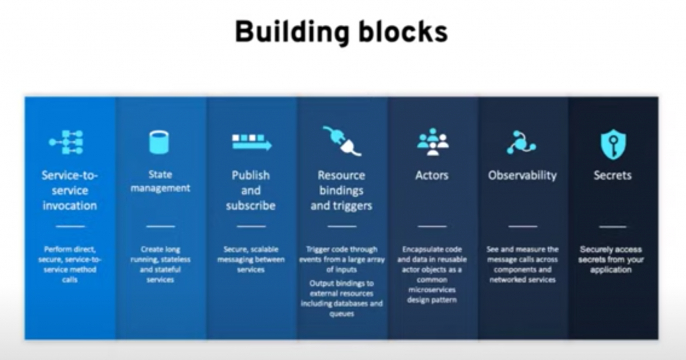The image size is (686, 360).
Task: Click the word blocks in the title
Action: coord(401,33)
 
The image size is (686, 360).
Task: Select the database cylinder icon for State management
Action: coord(159,142)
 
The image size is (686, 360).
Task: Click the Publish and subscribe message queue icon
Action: coord(251,141)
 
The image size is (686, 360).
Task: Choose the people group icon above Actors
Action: coord(432,141)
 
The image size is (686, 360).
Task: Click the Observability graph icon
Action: coord(521,142)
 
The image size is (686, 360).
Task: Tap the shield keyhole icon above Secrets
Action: coord(613,143)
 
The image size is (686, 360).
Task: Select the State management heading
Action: coord(160,180)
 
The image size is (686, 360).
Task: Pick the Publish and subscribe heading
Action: coord(251,188)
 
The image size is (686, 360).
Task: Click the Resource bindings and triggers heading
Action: coord(342,188)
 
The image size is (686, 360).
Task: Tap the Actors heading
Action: coord(432,175)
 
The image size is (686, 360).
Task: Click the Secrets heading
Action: coord(613,175)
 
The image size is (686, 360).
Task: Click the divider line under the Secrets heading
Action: coord(613,227)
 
